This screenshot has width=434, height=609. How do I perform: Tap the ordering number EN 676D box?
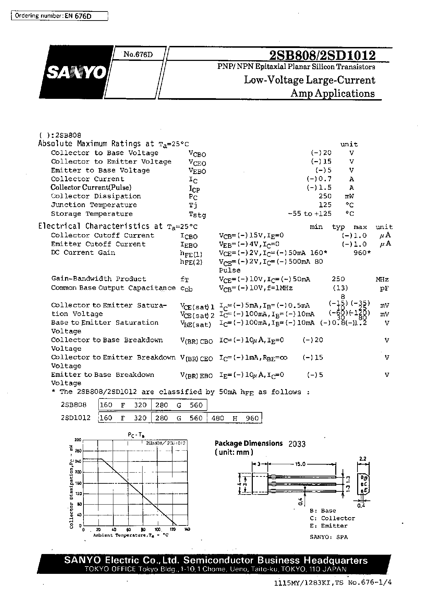click(59, 16)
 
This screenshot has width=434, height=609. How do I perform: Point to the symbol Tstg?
click(197, 214)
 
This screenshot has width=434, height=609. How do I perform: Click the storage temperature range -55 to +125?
click(310, 214)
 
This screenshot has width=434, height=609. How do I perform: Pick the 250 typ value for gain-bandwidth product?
click(338, 279)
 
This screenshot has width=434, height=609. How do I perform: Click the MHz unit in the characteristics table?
click(382, 279)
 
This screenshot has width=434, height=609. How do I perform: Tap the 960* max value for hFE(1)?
click(362, 253)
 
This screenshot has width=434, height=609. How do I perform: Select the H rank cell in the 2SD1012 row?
click(235, 418)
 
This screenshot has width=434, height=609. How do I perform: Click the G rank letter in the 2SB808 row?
click(179, 405)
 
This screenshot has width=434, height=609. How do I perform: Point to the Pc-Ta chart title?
click(136, 435)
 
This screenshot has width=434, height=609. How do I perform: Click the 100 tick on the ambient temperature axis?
click(158, 530)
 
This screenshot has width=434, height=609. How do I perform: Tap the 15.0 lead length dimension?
click(300, 464)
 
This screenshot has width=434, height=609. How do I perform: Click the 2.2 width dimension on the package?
click(362, 459)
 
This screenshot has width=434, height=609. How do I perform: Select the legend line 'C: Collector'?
click(332, 518)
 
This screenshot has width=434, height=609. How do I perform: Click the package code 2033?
click(297, 444)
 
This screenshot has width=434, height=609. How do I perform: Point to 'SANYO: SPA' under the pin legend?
click(328, 537)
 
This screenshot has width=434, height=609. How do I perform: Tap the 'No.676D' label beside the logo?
click(138, 54)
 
